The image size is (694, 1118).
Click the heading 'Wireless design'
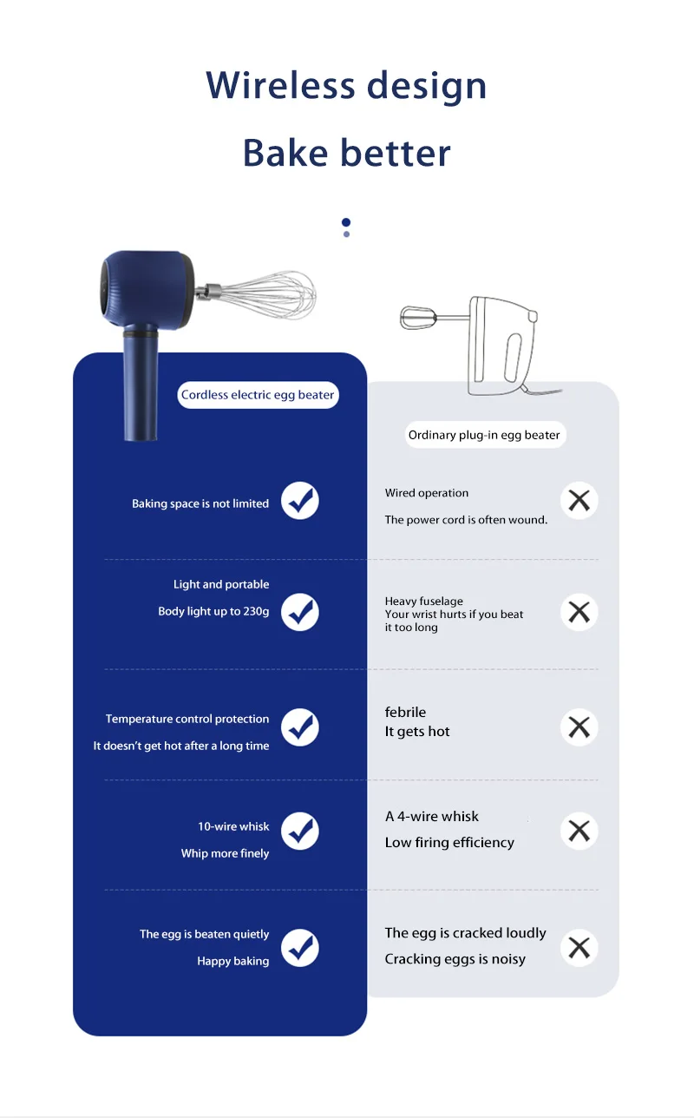pos(346,86)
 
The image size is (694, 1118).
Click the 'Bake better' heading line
pos(346,153)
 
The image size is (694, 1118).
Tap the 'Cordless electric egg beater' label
pos(258,395)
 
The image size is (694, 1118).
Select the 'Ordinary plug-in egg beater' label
pos(484,435)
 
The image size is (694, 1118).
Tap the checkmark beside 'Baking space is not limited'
pos(300,501)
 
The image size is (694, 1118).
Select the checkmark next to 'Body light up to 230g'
pos(300,612)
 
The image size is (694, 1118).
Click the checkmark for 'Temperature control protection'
pos(300,727)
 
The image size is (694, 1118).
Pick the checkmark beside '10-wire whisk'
pos(300,831)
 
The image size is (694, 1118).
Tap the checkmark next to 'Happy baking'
pos(300,947)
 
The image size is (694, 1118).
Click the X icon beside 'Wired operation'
pos(579,500)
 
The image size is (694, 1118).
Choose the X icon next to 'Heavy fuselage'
pos(579,612)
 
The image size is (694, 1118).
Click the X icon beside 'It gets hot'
pos(579,727)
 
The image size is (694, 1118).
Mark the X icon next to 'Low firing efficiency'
pos(579,831)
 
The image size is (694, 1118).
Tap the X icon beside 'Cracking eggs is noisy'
pos(579,947)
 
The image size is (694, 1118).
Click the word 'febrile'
pos(405,713)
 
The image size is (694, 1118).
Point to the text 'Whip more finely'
pos(225,853)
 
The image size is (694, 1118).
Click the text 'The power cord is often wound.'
pos(466,520)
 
